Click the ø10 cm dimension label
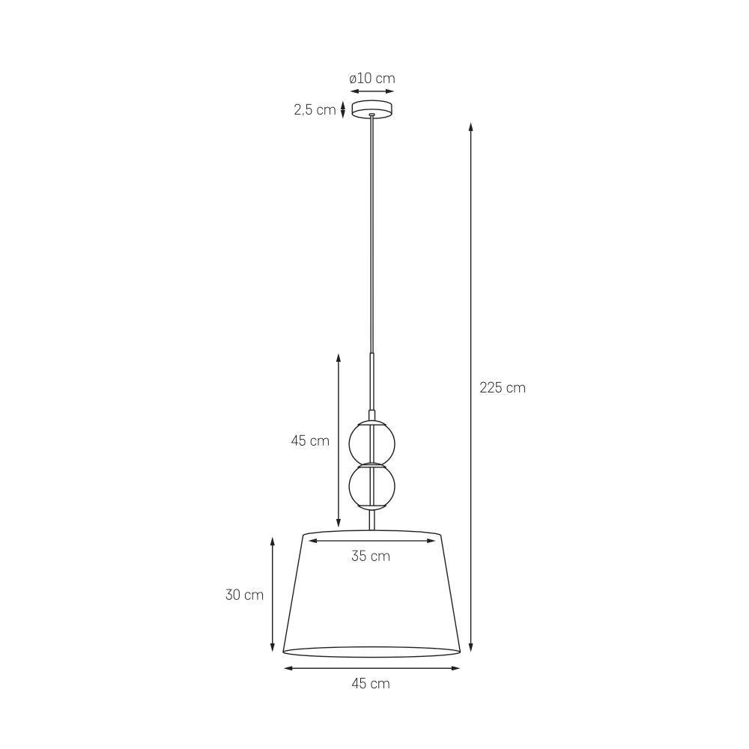pos(372,79)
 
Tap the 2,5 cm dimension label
pos(314,110)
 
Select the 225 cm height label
pos(503,388)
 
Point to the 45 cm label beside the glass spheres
pos(310,441)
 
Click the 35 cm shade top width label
pos(371,556)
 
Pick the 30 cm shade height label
pos(244,595)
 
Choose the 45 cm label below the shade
pos(371,683)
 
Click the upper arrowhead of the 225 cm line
pos(471,126)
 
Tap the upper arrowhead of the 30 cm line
pos(272,539)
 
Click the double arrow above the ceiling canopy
pos(372,91)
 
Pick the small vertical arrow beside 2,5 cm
pos(343,110)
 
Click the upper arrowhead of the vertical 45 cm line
pos(339,358)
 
